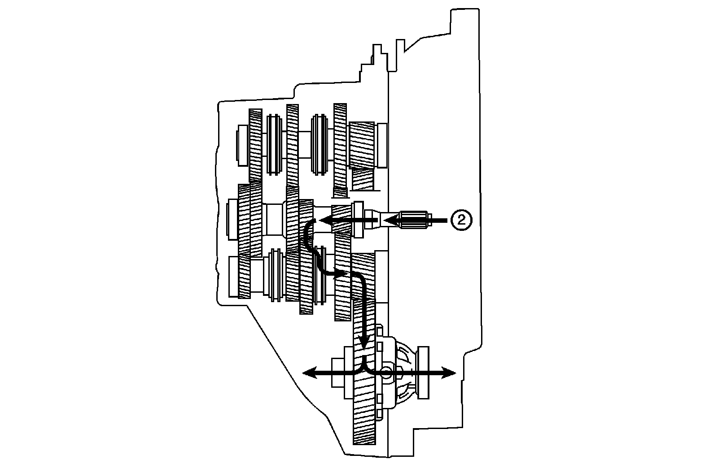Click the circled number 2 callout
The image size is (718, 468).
461,220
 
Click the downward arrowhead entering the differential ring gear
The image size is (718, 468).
364,342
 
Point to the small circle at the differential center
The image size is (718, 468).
386,372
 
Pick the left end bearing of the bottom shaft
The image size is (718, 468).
233,276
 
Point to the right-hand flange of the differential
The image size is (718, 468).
423,372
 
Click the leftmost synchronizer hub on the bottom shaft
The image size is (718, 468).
276,275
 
